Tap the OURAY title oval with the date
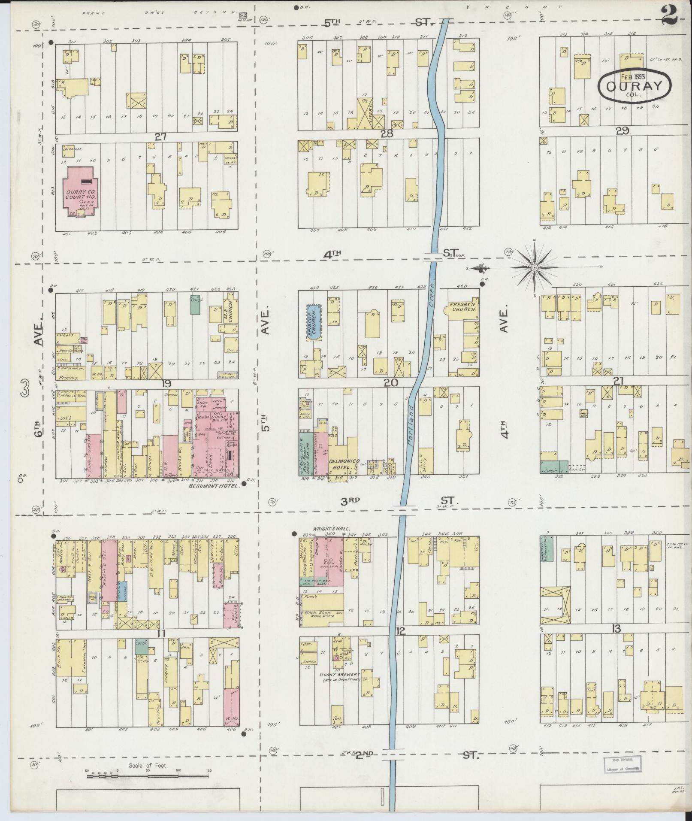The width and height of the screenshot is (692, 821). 635,86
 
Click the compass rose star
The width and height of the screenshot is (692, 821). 535,268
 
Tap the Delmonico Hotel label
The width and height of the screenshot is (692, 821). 344,464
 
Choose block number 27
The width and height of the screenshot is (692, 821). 160,136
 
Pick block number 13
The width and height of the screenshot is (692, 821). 616,629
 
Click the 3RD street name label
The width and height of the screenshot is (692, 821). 350,501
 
